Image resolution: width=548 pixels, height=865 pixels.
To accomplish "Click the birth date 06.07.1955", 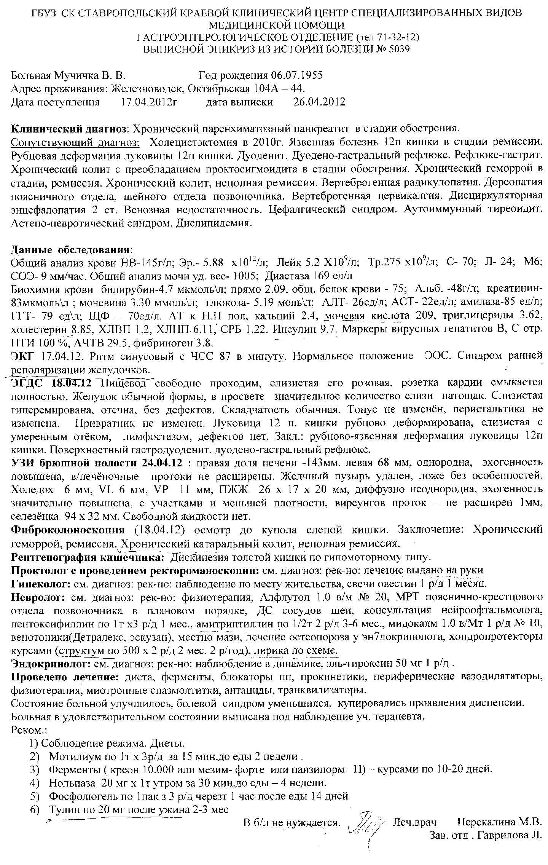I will [297, 75].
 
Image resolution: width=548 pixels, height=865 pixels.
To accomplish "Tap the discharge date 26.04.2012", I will [319, 102].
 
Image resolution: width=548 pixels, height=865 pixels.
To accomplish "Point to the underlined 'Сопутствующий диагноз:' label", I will [75, 142].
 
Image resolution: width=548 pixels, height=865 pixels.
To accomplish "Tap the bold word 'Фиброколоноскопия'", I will [68, 530].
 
